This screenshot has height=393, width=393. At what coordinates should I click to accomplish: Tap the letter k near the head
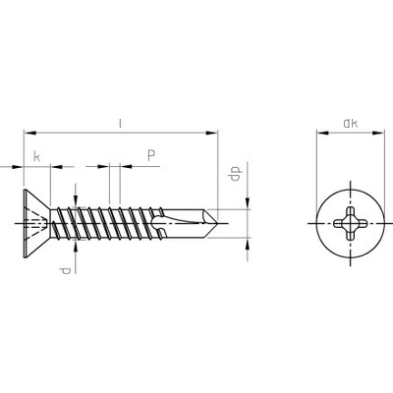(x=36, y=155)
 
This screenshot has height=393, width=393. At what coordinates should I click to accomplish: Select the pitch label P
(x=150, y=154)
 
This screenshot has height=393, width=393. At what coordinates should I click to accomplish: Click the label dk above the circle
(x=350, y=123)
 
